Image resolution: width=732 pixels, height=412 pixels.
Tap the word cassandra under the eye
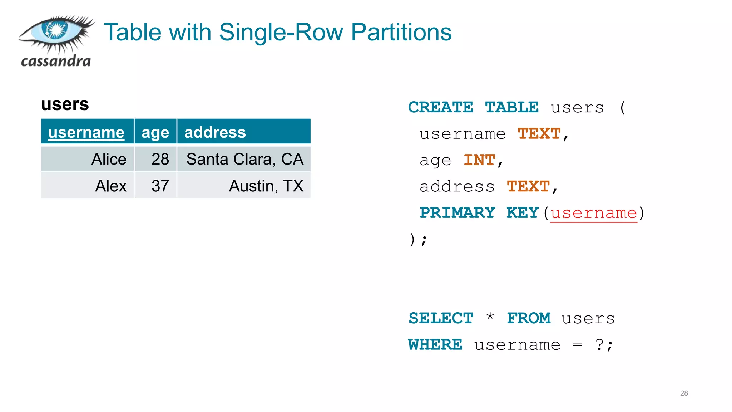pyautogui.click(x=56, y=61)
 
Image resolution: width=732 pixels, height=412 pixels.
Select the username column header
pyautogui.click(x=86, y=132)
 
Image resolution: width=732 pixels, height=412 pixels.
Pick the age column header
pyautogui.click(x=155, y=132)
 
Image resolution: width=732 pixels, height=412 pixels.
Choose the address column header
pyautogui.click(x=215, y=132)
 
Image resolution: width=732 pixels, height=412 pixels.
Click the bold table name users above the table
pyautogui.click(x=65, y=104)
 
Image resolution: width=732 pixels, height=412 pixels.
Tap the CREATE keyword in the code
pyautogui.click(x=440, y=107)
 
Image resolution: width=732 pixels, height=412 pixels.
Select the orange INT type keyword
pyautogui.click(x=479, y=160)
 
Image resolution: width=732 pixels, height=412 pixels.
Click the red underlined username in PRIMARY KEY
pyautogui.click(x=594, y=213)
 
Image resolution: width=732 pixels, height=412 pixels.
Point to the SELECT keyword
pyautogui.click(x=441, y=318)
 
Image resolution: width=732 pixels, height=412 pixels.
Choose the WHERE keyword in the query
pyautogui.click(x=435, y=345)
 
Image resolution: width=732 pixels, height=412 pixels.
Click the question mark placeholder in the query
pyautogui.click(x=599, y=345)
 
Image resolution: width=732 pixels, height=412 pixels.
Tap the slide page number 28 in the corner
pyautogui.click(x=684, y=393)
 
